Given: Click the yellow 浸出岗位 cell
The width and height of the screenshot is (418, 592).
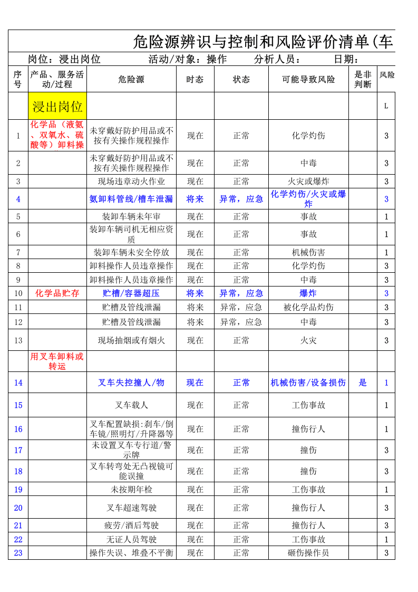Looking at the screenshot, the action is pos(57,107).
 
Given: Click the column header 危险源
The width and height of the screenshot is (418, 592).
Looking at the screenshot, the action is pos(131,80).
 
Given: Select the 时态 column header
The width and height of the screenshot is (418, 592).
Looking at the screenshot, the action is pos(195,80).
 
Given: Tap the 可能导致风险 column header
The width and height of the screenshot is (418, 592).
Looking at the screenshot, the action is pos(308,80).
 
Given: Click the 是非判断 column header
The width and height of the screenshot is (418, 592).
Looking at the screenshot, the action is pos(363,80).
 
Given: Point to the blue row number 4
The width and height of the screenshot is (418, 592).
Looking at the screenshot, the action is pos(18,199).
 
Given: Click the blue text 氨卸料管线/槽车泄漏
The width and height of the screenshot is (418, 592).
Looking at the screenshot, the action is pos(131,199).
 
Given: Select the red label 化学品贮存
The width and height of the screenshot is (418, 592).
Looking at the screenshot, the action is pos(57,293).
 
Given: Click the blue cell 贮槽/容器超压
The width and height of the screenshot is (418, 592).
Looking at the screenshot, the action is pos(131,293).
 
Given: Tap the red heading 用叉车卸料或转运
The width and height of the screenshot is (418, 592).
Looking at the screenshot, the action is pos(57,361).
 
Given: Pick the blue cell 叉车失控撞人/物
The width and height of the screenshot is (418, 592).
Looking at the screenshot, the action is pos(131,383).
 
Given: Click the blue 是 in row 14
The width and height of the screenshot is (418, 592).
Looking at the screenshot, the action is pos(363,383).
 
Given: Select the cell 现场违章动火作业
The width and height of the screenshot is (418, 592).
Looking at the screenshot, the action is pos(131,182).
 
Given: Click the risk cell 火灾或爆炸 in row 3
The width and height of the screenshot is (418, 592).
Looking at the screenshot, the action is pos(308,182).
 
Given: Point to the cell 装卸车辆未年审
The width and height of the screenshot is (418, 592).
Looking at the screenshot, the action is pos(131,216).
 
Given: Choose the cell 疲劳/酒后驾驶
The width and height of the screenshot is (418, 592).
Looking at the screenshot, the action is pos(131,526).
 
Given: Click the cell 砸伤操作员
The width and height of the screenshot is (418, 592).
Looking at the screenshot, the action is pos(308,553).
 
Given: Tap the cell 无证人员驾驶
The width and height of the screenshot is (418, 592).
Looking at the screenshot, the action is pos(131,539).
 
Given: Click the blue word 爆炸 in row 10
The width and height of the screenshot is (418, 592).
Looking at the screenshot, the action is pos(308,293).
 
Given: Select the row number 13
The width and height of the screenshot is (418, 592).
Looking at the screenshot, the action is pos(18,340).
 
